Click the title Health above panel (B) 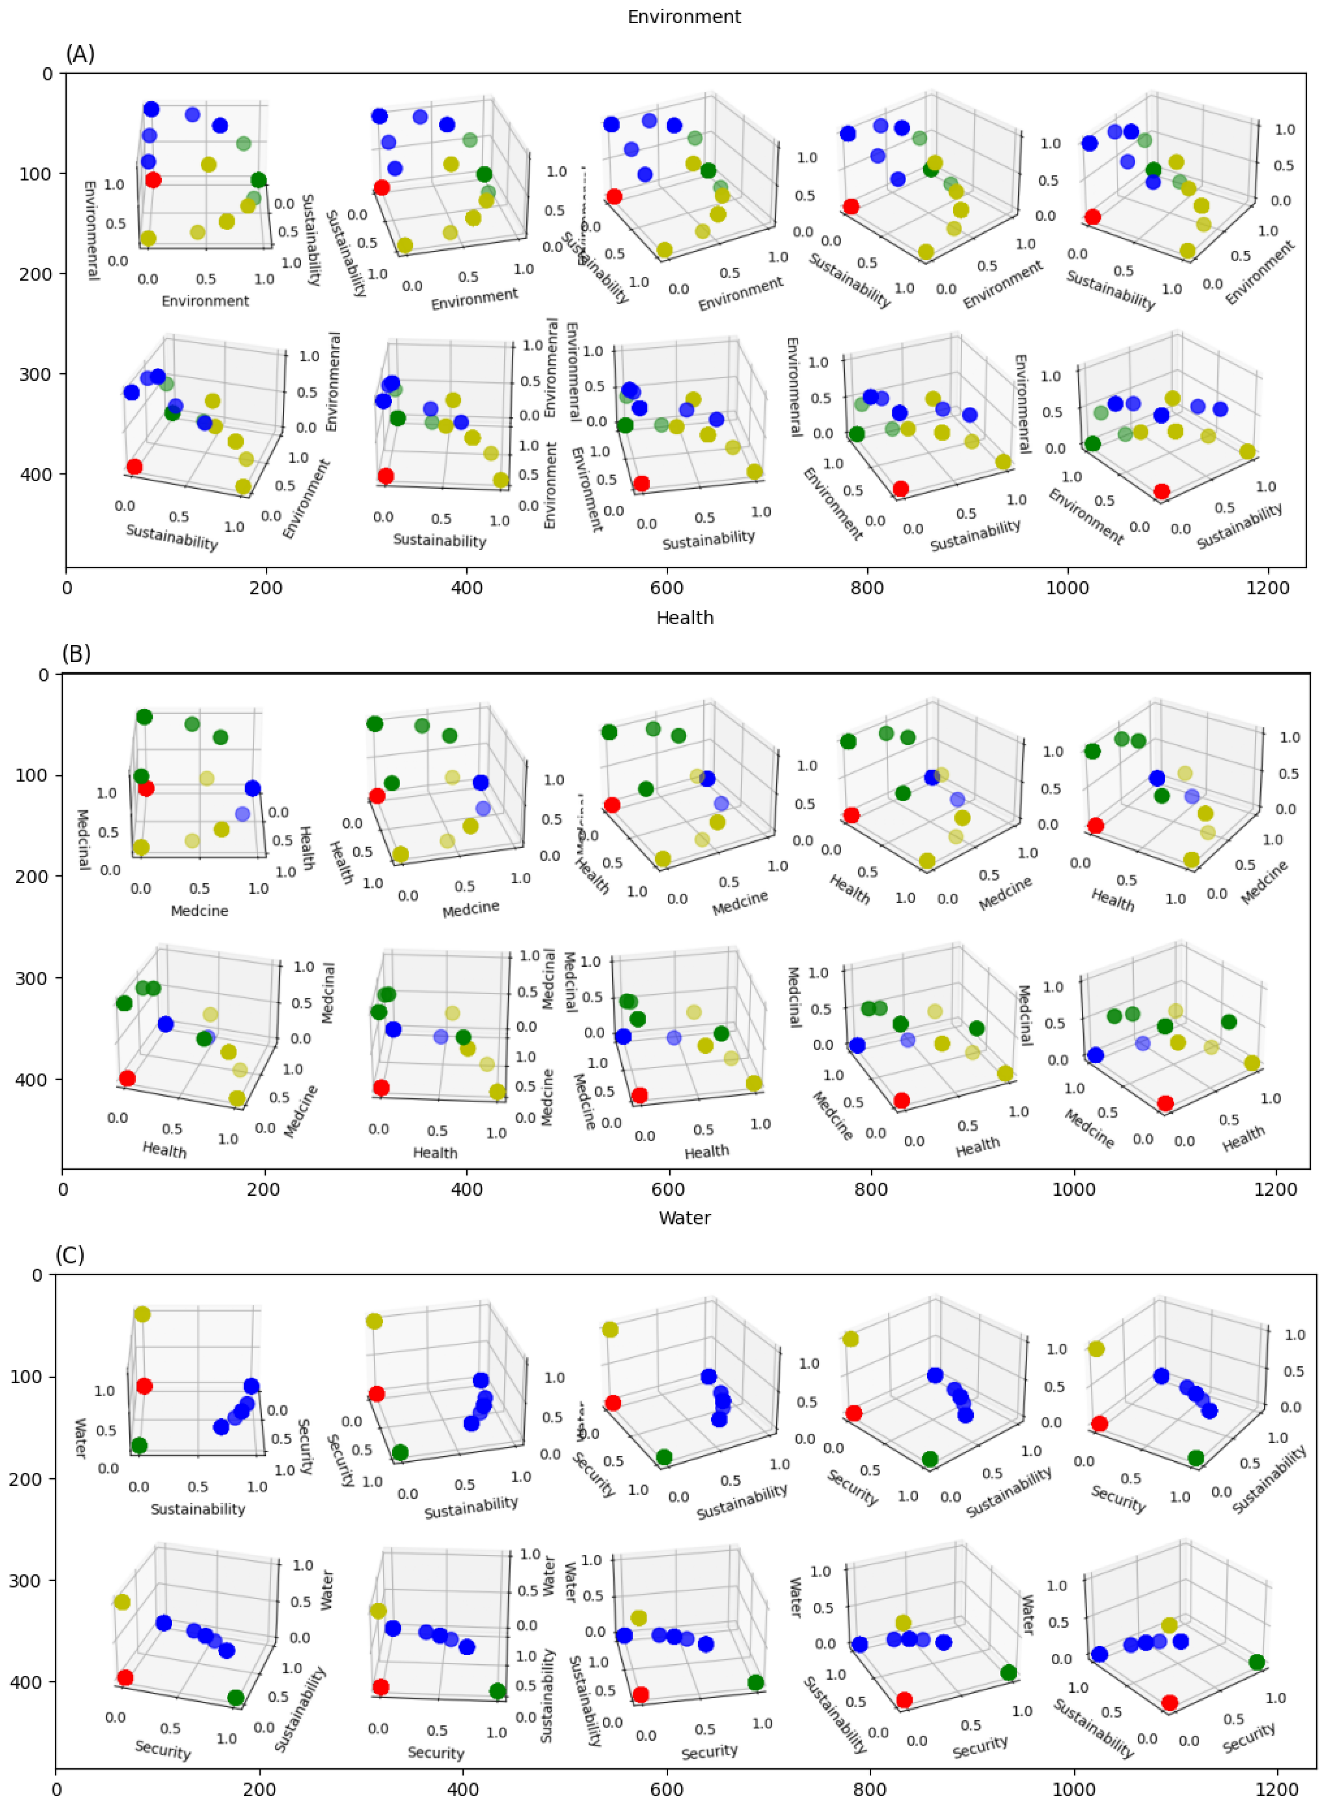click(684, 617)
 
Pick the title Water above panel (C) click(684, 1218)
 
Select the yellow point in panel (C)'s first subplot click(142, 1314)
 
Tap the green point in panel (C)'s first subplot click(139, 1445)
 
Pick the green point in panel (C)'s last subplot click(1257, 1663)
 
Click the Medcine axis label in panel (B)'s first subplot click(200, 911)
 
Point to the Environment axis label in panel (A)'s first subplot click(205, 301)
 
